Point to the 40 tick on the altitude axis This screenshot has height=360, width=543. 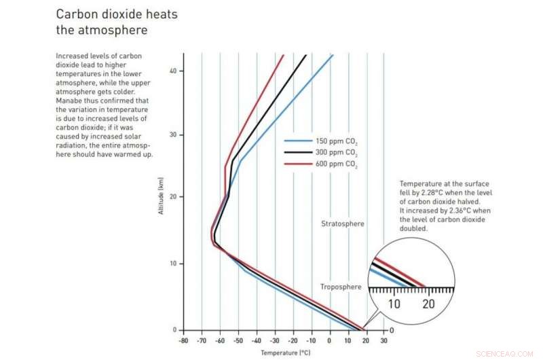(x=173, y=71)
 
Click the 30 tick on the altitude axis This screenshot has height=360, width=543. (x=173, y=135)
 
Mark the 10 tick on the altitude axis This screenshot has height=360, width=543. (x=173, y=264)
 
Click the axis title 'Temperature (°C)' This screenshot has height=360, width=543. (x=283, y=353)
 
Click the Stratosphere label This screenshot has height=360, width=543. (x=343, y=223)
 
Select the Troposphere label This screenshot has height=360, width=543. (x=341, y=287)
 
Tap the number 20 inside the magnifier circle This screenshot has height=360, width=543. (x=428, y=304)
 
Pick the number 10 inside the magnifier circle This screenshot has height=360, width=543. (x=394, y=304)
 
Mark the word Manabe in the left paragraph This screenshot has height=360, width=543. (x=69, y=101)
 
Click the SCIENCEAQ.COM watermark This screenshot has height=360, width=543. (x=506, y=354)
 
